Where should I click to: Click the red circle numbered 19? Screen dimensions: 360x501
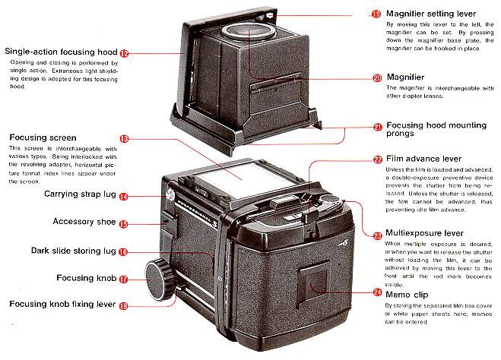(376, 14)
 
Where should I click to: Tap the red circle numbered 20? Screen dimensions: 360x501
(377, 77)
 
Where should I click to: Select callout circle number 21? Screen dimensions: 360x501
(378, 127)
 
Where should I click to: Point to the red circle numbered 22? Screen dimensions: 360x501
(378, 159)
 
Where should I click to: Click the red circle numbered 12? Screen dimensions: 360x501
(124, 53)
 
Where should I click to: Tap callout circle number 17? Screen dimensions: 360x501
(123, 279)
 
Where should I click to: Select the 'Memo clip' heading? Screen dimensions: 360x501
(410, 292)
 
